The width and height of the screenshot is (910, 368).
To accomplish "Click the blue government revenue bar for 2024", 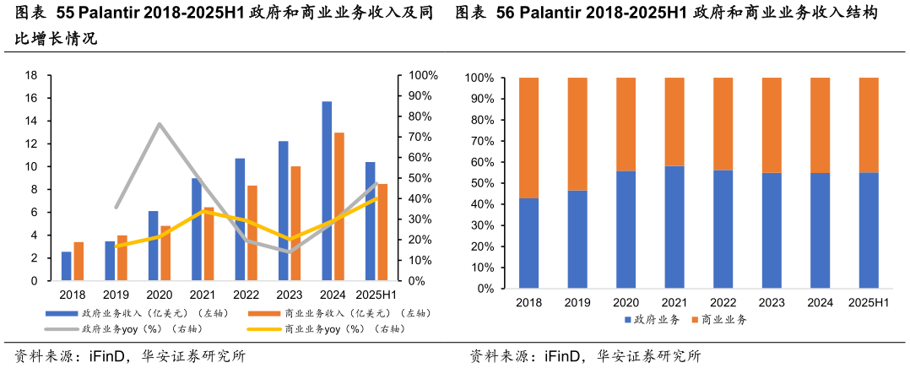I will pos(327,191).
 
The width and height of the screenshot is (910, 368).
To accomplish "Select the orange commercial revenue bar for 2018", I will pos(79,261).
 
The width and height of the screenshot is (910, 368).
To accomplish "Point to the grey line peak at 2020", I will pos(160,124).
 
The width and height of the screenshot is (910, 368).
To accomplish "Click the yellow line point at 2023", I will pos(290,240).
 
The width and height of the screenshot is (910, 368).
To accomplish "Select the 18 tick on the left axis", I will pos(31,75).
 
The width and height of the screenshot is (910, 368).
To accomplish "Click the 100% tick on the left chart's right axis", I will pos(423,75).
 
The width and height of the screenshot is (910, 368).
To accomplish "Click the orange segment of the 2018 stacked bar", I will pos(529,138).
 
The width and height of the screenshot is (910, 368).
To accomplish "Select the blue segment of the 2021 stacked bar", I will pos(674,227).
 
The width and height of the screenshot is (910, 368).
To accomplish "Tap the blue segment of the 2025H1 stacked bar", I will pos(869,230).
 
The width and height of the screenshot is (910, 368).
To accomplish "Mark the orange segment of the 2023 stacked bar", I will pos(772,125).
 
